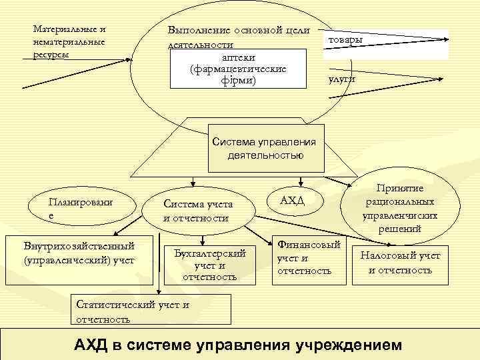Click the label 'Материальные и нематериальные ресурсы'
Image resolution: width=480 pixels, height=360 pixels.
click(x=69, y=41)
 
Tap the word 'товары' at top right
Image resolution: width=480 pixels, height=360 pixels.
click(x=344, y=41)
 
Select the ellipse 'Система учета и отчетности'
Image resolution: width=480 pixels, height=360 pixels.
click(x=197, y=211)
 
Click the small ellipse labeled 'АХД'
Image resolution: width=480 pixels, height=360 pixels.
click(x=292, y=200)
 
